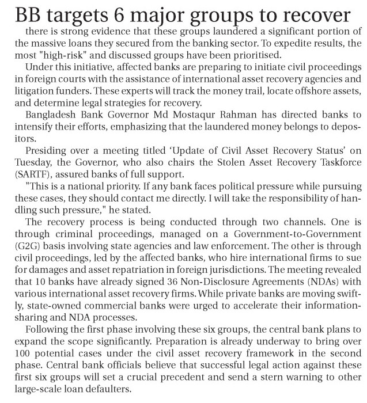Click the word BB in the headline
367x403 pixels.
[17, 13]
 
